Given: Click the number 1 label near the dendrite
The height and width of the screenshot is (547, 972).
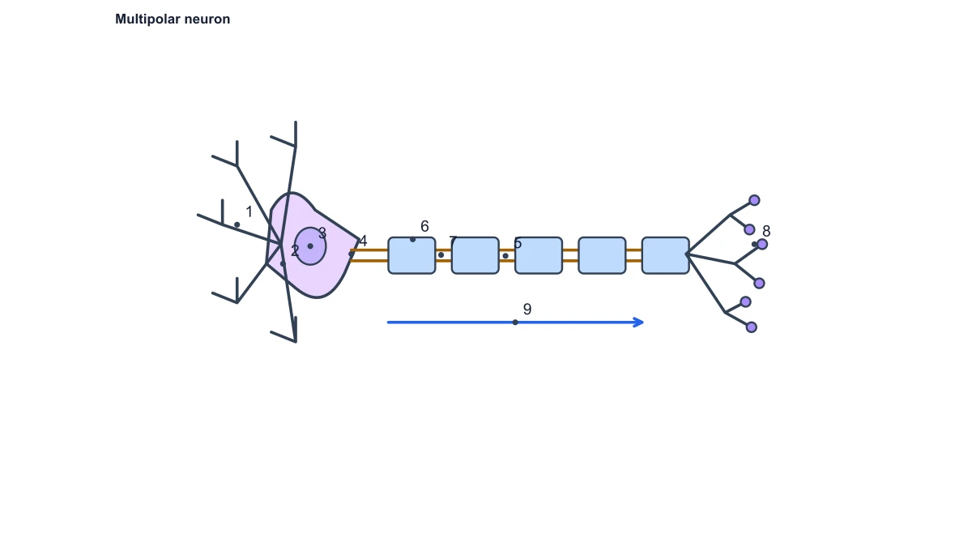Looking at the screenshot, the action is pyautogui.click(x=249, y=212).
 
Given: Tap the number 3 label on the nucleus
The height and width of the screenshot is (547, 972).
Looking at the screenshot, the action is pyautogui.click(x=322, y=233).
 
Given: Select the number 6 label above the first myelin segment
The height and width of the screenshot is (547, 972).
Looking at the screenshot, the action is pyautogui.click(x=424, y=226).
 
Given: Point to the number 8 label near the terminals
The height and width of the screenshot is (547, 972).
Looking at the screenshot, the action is pyautogui.click(x=766, y=231).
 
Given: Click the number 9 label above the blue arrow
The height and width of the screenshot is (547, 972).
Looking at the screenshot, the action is pyautogui.click(x=527, y=309).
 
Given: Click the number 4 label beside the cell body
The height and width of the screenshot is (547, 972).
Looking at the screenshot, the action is pyautogui.click(x=363, y=241).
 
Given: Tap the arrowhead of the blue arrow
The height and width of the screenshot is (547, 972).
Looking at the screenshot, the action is pyautogui.click(x=639, y=323).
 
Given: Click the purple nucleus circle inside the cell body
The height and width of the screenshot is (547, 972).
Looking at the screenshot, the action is pyautogui.click(x=310, y=246).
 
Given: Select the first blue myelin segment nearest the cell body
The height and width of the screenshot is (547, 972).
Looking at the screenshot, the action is pyautogui.click(x=411, y=255).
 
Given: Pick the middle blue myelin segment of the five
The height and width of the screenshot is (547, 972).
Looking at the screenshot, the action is pyautogui.click(x=539, y=255).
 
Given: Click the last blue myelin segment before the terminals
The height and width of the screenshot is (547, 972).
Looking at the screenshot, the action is pyautogui.click(x=666, y=255).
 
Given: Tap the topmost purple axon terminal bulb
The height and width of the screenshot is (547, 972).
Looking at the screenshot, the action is pyautogui.click(x=754, y=200).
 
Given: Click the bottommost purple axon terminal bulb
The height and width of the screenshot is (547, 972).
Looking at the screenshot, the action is pyautogui.click(x=752, y=327).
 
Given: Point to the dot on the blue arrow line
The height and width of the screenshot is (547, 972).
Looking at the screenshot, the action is pyautogui.click(x=515, y=323).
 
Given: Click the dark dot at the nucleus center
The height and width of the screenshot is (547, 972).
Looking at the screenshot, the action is pyautogui.click(x=310, y=246).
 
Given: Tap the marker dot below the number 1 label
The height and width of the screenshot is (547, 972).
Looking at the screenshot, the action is pyautogui.click(x=237, y=224).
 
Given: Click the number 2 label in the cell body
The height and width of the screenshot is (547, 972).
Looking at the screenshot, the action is pyautogui.click(x=295, y=251).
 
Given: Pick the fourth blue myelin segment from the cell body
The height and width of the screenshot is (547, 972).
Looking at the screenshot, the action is pyautogui.click(x=603, y=255).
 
